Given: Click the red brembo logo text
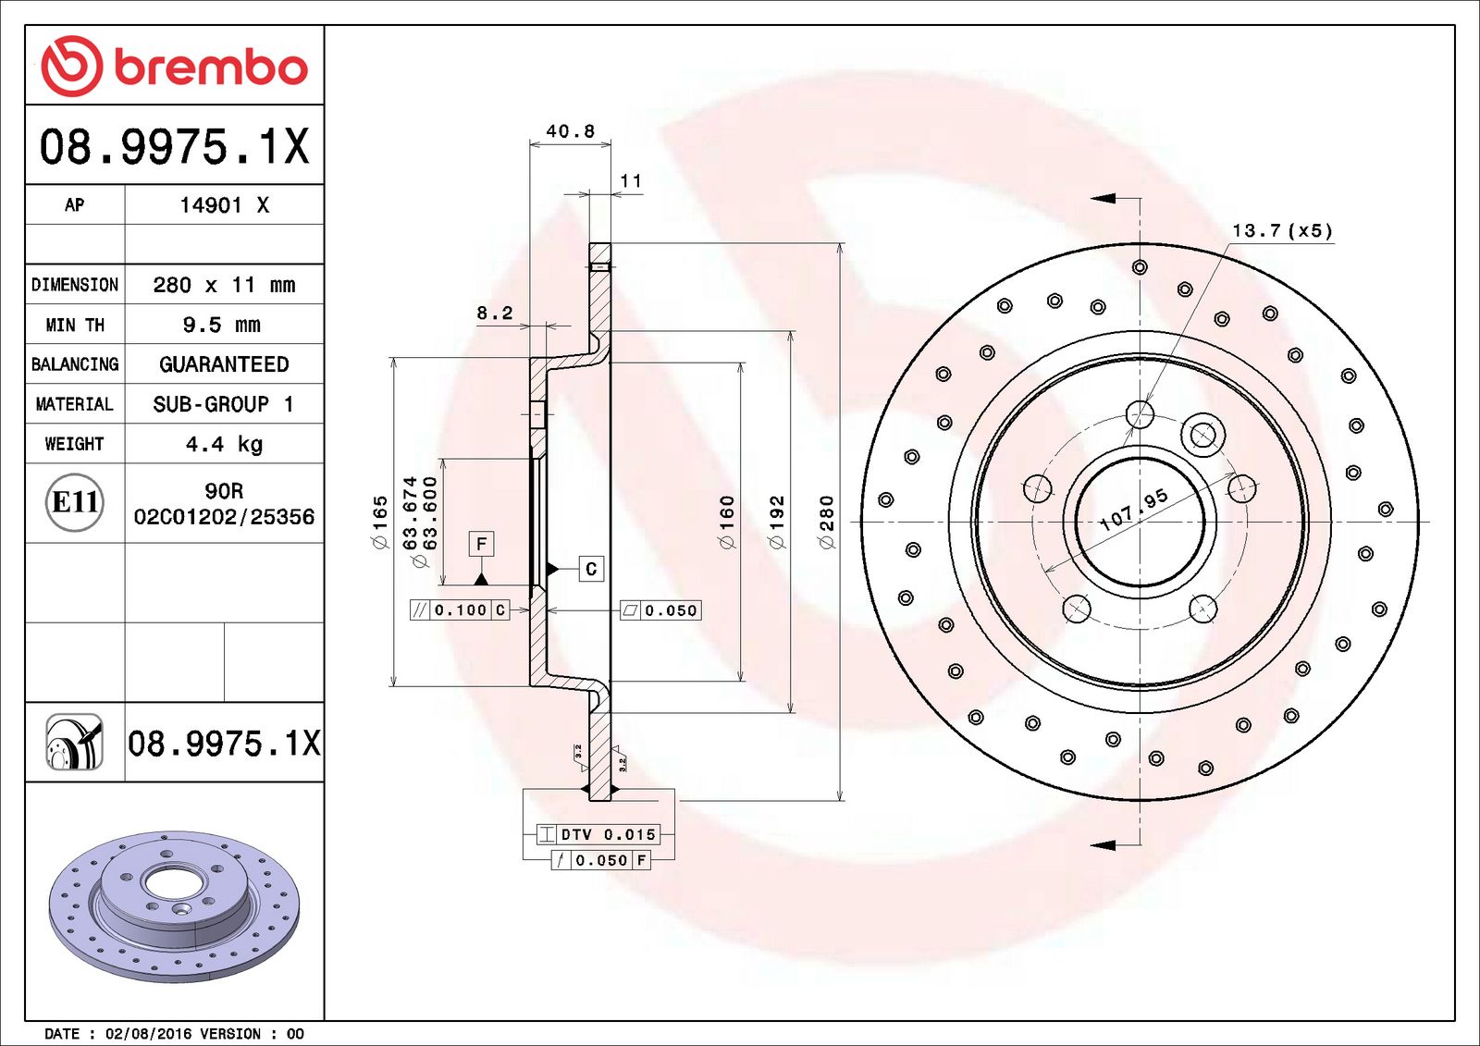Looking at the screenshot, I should coord(210,68).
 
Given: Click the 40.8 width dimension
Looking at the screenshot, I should coord(570,131).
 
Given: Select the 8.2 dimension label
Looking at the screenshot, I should coord(495,313).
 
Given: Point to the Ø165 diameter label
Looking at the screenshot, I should coord(380,523).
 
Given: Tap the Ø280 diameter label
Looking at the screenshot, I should coord(827,523).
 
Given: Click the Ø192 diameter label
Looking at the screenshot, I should coord(777,523).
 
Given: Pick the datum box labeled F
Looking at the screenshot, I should coord(481,544).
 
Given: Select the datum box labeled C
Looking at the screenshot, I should coord(591,569).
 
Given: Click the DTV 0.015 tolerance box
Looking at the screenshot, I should coord(598,834).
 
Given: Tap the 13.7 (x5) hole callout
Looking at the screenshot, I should coord(1282,230).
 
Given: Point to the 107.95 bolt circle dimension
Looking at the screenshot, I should coord(1134,510).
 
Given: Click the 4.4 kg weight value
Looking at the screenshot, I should coord(224,444).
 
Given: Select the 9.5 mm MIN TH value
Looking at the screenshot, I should coord(222,325).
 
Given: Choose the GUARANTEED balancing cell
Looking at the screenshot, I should coord(224,364).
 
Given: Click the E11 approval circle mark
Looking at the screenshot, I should coord(75,502).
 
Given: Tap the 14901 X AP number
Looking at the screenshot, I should coord(224,205).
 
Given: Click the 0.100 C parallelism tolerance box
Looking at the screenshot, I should coord(460,609).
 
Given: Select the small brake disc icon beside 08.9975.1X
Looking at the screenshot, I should coord(74,742).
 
